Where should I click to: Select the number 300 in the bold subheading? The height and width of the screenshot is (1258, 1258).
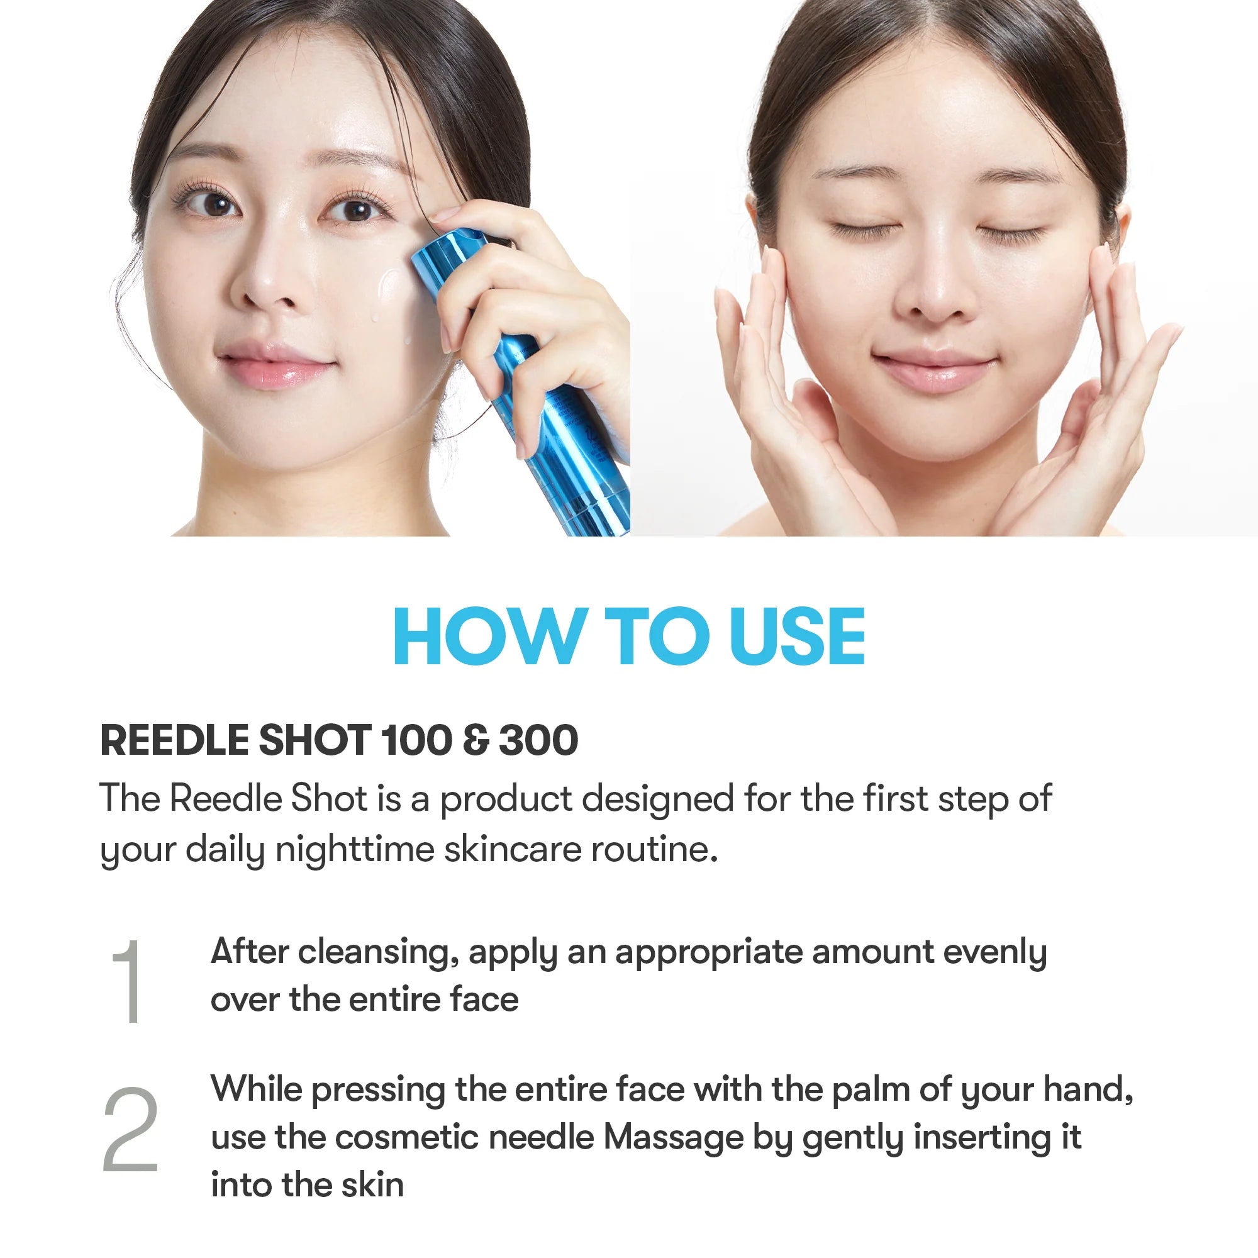coord(538,740)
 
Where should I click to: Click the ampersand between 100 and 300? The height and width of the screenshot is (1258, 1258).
coord(476,740)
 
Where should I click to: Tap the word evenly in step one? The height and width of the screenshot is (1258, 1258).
coord(995,952)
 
